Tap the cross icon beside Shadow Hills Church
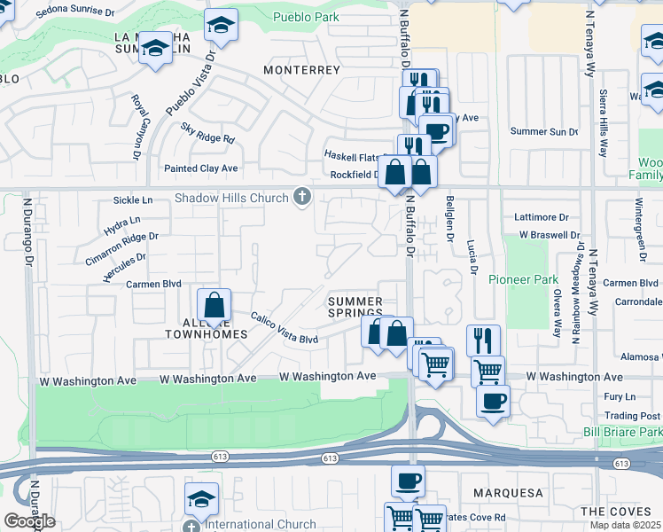pyautogui.click(x=302, y=197)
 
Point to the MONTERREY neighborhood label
pyautogui.click(x=302, y=69)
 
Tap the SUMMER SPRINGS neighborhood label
pyautogui.click(x=355, y=308)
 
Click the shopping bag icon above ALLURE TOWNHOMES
pyautogui.click(x=214, y=307)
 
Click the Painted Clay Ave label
pyautogui.click(x=201, y=168)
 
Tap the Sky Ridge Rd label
pyautogui.click(x=207, y=133)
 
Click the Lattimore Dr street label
pyautogui.click(x=542, y=217)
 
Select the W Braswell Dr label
pyautogui.click(x=550, y=235)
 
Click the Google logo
pyautogui.click(x=29, y=521)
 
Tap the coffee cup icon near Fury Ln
pyautogui.click(x=493, y=401)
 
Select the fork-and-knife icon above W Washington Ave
pyautogui.click(x=483, y=340)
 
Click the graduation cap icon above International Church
pyautogui.click(x=201, y=498)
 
